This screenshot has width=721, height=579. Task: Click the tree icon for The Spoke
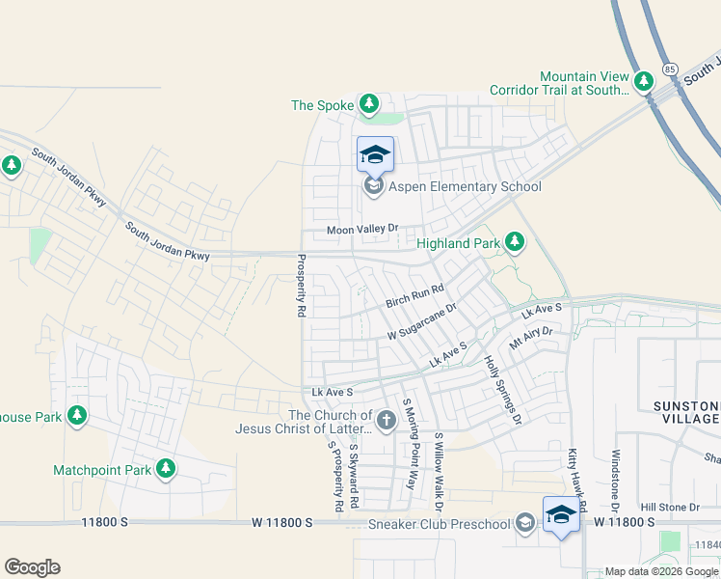pyautogui.click(x=367, y=103)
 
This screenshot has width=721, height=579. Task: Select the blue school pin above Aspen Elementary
pyautogui.click(x=375, y=154)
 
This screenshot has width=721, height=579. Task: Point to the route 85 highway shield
pyautogui.click(x=670, y=69)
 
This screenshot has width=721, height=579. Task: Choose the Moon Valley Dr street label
pyautogui.click(x=361, y=229)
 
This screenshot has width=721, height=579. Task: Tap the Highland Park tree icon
pyautogui.click(x=514, y=241)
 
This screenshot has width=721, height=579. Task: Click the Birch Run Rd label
pyautogui.click(x=414, y=296)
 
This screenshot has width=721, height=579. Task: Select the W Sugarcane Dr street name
pyautogui.click(x=421, y=321)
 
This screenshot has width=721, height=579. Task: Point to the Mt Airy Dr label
pyautogui.click(x=531, y=338)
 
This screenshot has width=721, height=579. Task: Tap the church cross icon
pyautogui.click(x=386, y=419)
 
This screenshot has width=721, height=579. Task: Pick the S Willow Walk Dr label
pyautogui.click(x=438, y=471)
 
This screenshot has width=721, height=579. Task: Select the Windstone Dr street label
pyautogui.click(x=614, y=478)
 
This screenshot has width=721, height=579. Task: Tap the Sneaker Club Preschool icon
pyautogui.click(x=524, y=523)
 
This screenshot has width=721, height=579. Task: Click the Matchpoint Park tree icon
pyautogui.click(x=166, y=468)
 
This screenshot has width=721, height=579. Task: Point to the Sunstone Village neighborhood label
pyautogui.click(x=685, y=413)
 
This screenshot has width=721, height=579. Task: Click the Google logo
pyautogui.click(x=32, y=567)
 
